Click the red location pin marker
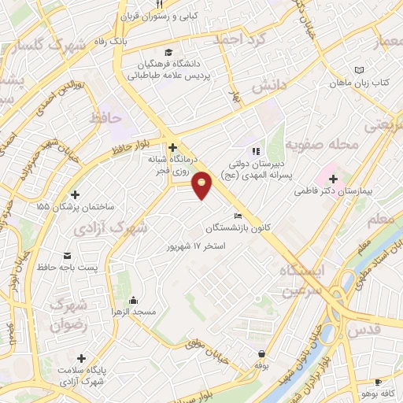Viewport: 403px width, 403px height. [202, 184]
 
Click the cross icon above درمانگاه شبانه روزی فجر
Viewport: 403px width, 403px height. [172, 146]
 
